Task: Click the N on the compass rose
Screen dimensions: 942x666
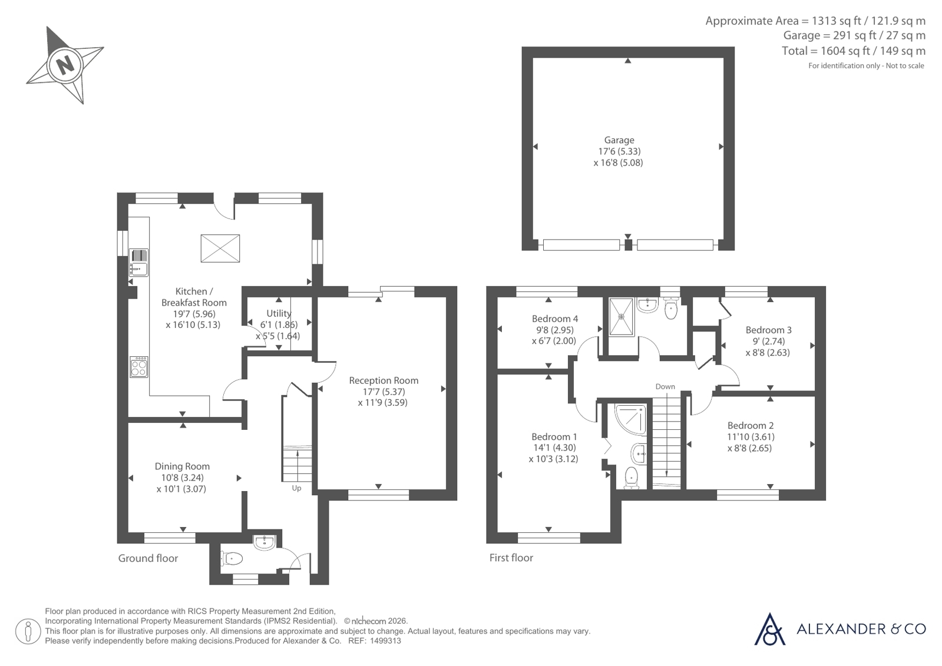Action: (65, 65)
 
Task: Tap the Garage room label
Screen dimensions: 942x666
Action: (619, 140)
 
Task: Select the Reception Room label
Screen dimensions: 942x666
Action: (384, 380)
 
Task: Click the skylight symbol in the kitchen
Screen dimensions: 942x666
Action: (220, 248)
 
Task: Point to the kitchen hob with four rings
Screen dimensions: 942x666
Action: (139, 367)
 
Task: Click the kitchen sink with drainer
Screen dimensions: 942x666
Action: (139, 263)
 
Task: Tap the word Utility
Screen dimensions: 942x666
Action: (279, 313)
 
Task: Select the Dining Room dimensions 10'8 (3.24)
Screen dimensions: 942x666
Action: (182, 478)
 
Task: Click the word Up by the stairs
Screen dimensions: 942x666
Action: (296, 489)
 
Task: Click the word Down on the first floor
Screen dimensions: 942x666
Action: (665, 386)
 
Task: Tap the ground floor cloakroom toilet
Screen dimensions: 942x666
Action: (232, 559)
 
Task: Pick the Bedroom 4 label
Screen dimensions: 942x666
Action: (555, 319)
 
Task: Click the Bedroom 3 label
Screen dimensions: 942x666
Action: (768, 330)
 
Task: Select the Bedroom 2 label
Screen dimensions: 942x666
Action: (751, 426)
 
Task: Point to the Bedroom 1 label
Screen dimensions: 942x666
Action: (554, 437)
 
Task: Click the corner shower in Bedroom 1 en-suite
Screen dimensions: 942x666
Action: (630, 419)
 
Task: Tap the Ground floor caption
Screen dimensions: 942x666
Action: (148, 558)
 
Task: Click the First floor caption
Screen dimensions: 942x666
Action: (511, 558)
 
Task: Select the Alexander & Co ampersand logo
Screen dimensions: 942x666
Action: (769, 629)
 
